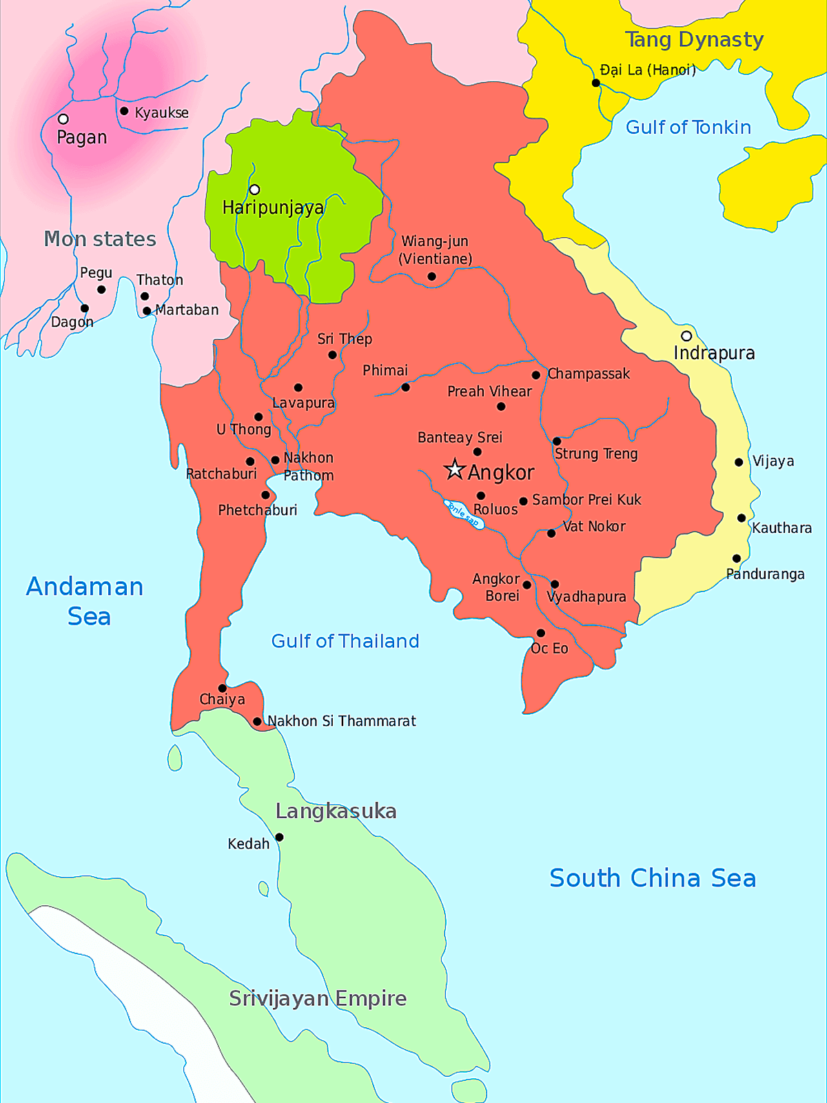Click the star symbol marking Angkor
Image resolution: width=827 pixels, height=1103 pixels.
[x=454, y=469]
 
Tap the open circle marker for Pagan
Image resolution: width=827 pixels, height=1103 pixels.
[x=63, y=119]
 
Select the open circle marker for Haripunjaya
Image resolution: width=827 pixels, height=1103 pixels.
[x=254, y=190]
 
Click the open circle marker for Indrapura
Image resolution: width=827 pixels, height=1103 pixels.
[x=686, y=336]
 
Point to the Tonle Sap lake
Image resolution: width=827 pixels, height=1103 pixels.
[x=464, y=514]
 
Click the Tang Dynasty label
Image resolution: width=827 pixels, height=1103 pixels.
[x=694, y=40]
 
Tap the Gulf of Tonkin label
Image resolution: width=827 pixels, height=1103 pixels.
[x=688, y=128]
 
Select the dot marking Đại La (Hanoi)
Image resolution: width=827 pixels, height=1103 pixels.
[x=596, y=83]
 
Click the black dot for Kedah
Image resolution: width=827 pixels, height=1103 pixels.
[x=279, y=838]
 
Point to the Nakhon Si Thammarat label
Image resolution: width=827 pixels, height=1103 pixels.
[x=341, y=721]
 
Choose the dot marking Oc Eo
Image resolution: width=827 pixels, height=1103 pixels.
[x=541, y=633]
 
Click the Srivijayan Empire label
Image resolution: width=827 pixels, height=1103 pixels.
[x=318, y=998]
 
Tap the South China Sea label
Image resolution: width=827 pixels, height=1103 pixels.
[x=652, y=878]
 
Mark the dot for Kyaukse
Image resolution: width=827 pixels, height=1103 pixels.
[x=124, y=111]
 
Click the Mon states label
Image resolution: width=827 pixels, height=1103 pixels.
[x=100, y=239]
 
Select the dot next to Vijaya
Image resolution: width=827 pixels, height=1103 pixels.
[x=739, y=462]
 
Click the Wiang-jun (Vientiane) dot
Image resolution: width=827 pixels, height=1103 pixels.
[x=431, y=276]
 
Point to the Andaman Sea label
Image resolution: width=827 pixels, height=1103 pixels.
[x=85, y=601]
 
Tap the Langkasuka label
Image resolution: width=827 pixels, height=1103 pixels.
[x=336, y=811]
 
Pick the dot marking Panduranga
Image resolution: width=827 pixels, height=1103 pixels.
[x=737, y=558]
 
